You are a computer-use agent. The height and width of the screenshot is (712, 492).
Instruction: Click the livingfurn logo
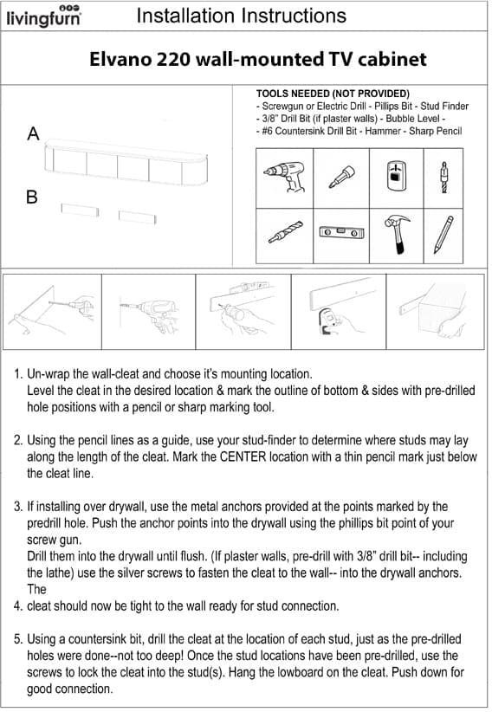[x=44, y=16]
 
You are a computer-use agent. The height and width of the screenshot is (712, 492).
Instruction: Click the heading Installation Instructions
[x=241, y=16]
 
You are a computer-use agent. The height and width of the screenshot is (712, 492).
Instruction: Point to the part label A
[x=33, y=133]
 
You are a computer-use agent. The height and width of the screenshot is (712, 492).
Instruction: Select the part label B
[x=32, y=197]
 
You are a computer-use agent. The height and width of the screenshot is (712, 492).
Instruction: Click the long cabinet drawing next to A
[x=126, y=163]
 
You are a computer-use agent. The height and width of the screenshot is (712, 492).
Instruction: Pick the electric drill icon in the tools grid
[x=285, y=176]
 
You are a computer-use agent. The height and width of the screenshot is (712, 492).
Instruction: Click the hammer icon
[x=397, y=234]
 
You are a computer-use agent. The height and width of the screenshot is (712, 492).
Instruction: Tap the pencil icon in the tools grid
[x=443, y=235]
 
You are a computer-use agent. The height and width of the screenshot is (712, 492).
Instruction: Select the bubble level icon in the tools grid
[x=341, y=232]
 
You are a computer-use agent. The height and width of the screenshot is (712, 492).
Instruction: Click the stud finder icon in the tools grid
[x=396, y=176]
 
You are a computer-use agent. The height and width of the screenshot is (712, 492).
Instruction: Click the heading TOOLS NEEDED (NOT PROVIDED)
[x=333, y=94]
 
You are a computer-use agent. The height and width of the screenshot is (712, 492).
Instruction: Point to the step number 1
[x=17, y=374]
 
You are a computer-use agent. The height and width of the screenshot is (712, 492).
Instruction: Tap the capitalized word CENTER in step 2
[x=243, y=456]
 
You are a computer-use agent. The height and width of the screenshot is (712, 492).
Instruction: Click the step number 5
[x=17, y=639]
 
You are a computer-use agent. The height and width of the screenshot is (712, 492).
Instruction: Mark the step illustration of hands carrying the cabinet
[x=435, y=312]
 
